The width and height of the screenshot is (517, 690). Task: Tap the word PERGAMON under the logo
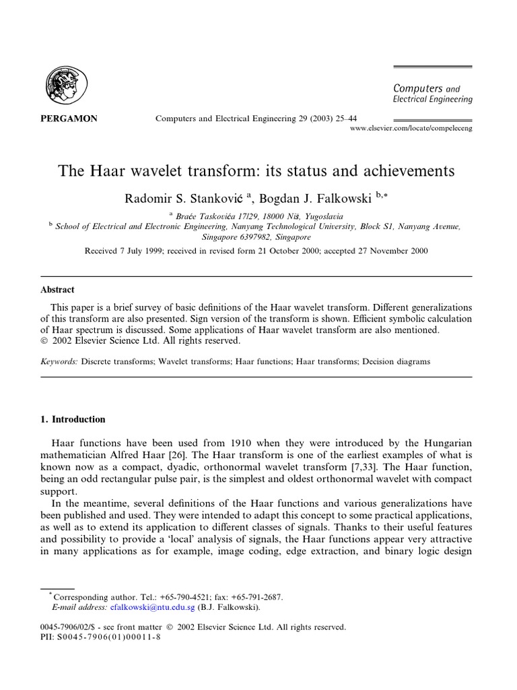[65, 119]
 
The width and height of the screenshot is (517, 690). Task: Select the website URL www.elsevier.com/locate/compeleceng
[412, 128]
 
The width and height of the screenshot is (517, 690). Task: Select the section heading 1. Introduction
[73, 419]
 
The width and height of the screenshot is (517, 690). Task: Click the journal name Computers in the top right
[417, 88]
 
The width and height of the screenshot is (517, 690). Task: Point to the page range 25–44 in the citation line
[333, 119]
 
